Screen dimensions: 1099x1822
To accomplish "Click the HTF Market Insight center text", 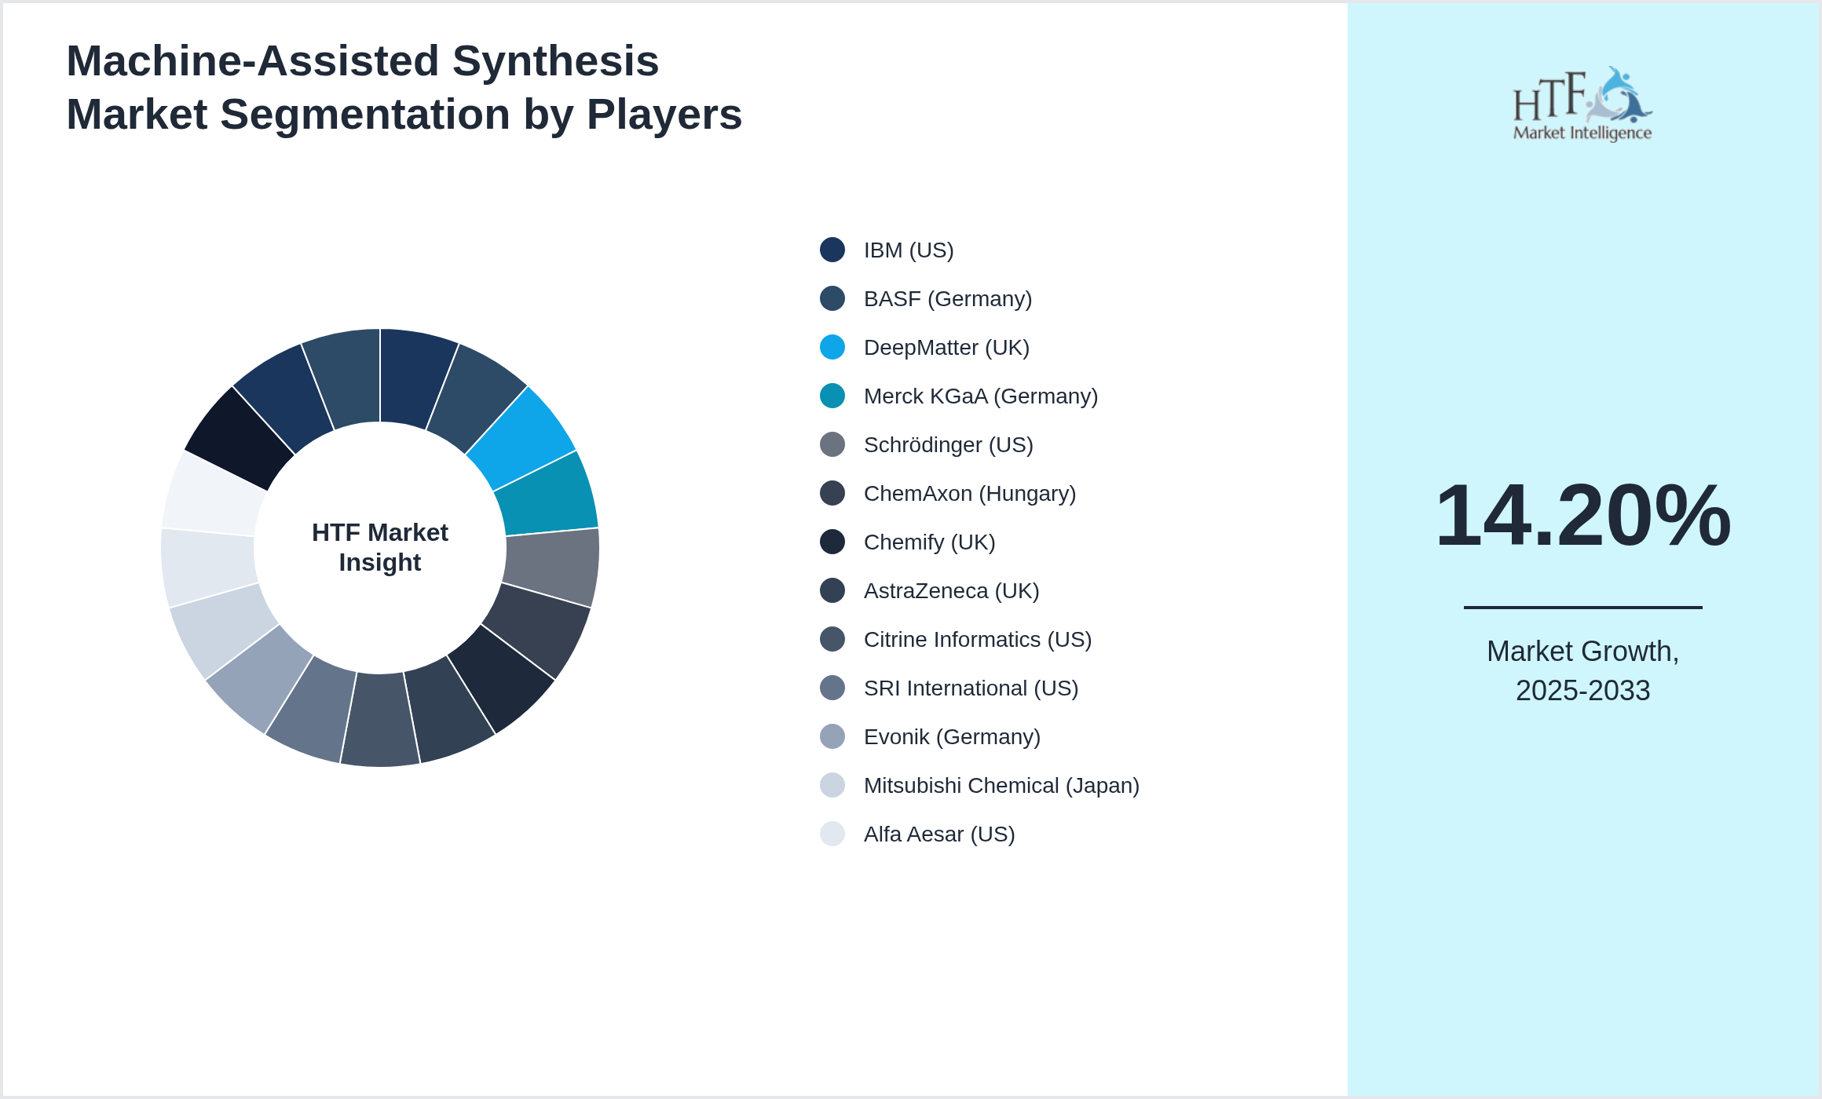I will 380,547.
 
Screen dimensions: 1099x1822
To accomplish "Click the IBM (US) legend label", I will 909,250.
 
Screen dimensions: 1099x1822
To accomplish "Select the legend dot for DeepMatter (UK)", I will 832,347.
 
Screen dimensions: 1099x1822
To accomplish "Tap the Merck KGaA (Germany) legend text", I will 980,396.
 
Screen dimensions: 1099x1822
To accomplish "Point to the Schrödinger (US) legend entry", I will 948,444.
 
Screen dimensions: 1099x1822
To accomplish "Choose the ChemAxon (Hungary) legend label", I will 969,493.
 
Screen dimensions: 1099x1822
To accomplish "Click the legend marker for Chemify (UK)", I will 832,542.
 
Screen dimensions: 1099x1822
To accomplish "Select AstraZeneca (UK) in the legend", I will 951,590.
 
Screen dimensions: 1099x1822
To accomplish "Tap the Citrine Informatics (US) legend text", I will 977,639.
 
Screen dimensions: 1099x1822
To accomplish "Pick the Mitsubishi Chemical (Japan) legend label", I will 1001,785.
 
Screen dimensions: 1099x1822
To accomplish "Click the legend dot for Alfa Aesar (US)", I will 832,834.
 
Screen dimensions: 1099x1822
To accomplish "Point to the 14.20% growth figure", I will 1582,516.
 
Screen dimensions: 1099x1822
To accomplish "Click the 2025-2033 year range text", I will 1582,691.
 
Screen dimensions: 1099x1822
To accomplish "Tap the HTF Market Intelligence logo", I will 1582,104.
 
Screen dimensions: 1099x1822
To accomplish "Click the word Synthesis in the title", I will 555,61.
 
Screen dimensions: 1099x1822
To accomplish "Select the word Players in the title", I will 664,115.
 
